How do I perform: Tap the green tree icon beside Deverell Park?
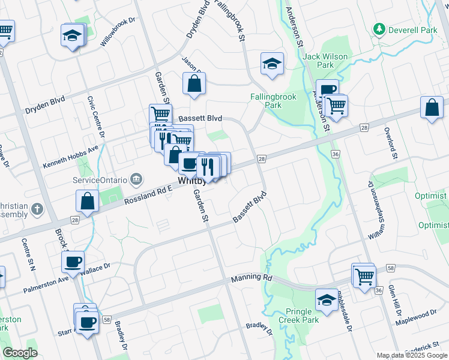click(379, 29)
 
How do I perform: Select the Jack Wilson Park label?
click(325, 61)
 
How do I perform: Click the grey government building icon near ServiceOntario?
click(136, 179)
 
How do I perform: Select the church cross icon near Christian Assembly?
click(37, 210)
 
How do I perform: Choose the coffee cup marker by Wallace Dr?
click(73, 262)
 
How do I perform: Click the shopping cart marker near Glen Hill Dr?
click(364, 277)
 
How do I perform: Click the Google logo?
click(20, 353)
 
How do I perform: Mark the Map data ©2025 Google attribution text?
click(411, 355)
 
